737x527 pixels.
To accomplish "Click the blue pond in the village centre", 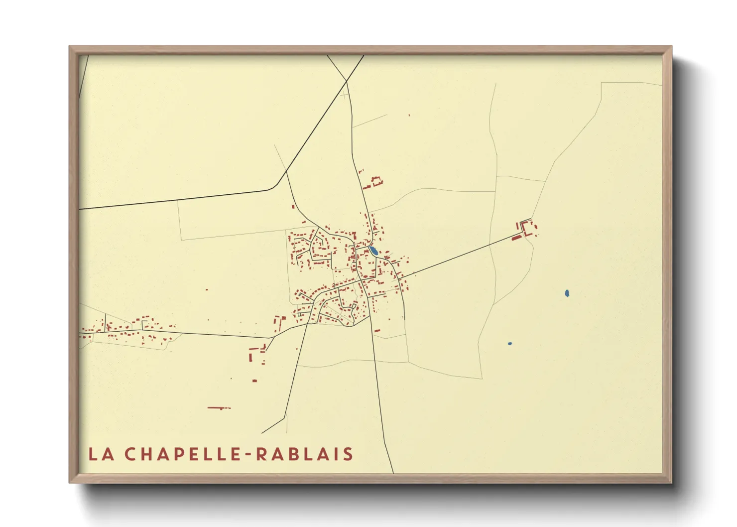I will [373, 251].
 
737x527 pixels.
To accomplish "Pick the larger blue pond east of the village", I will [567, 293].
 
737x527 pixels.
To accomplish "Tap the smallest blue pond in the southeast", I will [509, 344].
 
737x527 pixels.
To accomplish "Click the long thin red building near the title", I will [219, 408].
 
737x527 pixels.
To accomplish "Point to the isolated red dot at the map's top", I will [409, 116].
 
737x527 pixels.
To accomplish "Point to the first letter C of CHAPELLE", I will [129, 454].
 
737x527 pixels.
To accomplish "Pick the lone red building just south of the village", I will [377, 330].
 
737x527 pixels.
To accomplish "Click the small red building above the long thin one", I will [254, 381].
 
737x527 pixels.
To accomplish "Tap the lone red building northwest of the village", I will [293, 206].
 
